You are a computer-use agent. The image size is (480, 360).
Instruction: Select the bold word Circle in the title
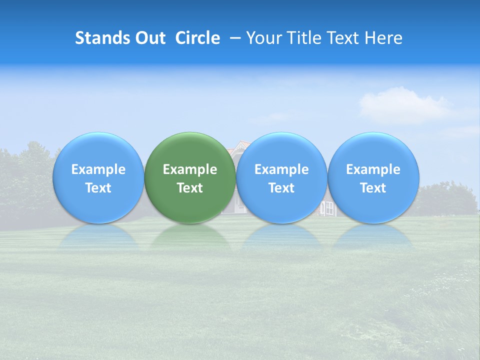[x=197, y=38]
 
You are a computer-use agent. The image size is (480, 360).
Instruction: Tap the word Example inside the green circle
[x=190, y=169]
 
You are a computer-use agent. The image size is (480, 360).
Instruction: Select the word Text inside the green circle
[x=190, y=188]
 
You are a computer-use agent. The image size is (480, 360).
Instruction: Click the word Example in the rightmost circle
[x=373, y=169]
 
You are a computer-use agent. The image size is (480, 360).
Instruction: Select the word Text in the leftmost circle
[x=98, y=188]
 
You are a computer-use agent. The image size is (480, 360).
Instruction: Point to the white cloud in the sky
[x=400, y=105]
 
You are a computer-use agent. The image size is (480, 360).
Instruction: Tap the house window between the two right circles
[x=329, y=208]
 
